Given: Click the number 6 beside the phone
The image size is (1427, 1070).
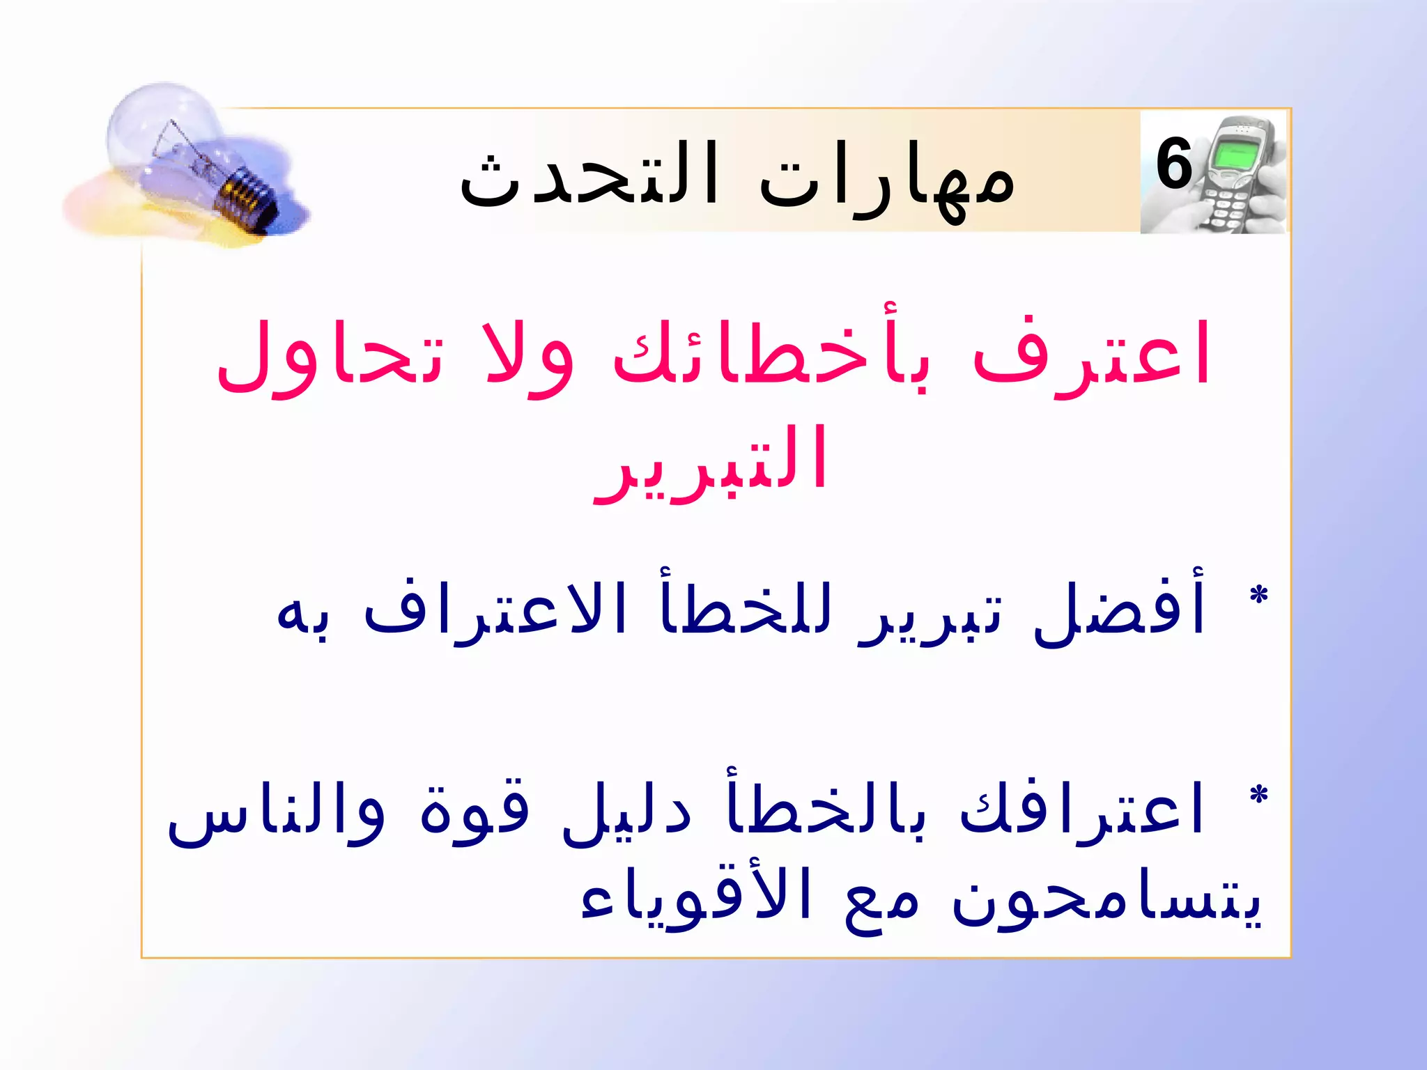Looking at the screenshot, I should tap(1175, 165).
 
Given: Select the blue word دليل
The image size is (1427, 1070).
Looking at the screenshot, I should tap(627, 812).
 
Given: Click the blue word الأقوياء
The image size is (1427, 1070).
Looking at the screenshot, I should tap(697, 899).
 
